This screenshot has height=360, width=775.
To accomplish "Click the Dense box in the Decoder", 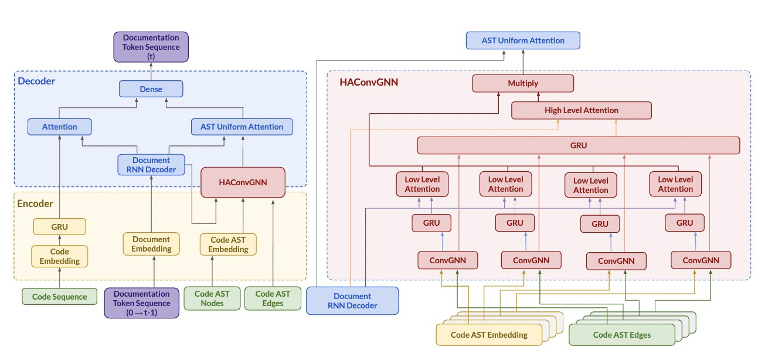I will click(x=151, y=89).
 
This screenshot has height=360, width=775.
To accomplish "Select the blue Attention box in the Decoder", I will click(x=60, y=127).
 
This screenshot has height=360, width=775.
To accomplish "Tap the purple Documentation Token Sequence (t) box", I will click(x=151, y=47).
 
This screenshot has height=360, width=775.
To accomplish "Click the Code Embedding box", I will click(x=59, y=256).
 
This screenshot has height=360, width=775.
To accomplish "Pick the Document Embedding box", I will click(x=151, y=244).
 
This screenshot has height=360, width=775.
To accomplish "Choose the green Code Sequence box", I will click(x=59, y=297).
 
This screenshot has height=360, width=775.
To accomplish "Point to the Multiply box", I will click(x=523, y=83).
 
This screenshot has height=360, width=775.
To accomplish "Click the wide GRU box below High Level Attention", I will click(x=578, y=145).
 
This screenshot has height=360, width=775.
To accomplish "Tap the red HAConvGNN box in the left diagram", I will click(x=243, y=182).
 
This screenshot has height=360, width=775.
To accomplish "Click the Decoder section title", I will click(x=36, y=81).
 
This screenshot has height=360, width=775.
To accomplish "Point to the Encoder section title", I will click(x=36, y=204).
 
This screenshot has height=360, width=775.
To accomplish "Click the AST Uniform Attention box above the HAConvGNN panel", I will click(x=523, y=40).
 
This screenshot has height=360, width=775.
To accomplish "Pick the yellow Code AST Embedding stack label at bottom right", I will click(x=489, y=335).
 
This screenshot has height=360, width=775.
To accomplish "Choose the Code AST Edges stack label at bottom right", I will click(x=621, y=335).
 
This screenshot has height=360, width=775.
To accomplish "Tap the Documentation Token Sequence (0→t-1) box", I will click(x=142, y=303).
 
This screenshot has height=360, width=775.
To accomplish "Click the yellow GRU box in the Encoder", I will click(x=59, y=226).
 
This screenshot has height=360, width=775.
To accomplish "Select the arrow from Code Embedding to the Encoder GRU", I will click(x=59, y=240).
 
